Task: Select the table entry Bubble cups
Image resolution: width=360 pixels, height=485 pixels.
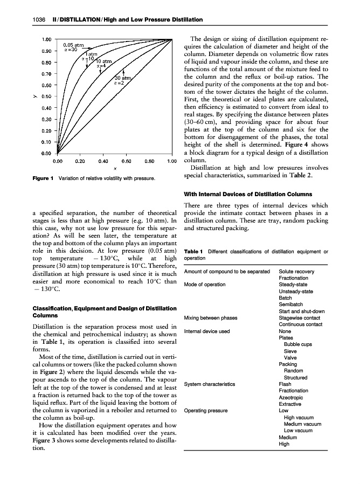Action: [297, 344]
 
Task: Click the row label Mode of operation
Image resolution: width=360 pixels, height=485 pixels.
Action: [205, 285]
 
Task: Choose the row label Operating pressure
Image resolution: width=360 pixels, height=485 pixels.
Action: [206, 411]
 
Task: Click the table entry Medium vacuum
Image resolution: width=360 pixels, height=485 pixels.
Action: [302, 424]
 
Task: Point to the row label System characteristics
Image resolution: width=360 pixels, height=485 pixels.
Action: [210, 384]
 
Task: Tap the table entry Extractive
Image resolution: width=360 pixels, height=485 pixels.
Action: [290, 404]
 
